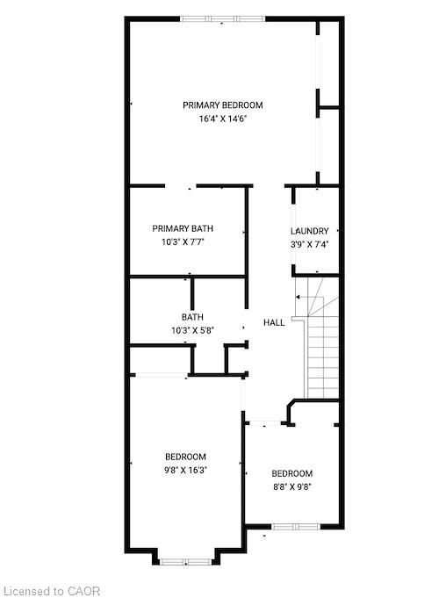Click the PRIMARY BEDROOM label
223,105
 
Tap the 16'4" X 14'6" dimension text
223,119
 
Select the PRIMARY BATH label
183,228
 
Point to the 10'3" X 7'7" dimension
184,241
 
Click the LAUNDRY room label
310,231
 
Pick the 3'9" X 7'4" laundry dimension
310,244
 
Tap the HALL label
274,322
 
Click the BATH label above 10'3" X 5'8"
192,317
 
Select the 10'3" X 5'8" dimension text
192,330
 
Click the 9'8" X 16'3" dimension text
186,471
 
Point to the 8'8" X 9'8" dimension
292,487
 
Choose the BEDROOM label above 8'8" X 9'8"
292,473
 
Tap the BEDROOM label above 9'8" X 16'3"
186,457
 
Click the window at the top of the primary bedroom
222,18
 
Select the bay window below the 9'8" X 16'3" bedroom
185,561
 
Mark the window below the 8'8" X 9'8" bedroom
296,527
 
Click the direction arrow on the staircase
303,297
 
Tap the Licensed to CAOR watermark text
53,591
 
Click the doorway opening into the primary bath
181,186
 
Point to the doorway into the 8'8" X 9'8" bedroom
265,423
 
